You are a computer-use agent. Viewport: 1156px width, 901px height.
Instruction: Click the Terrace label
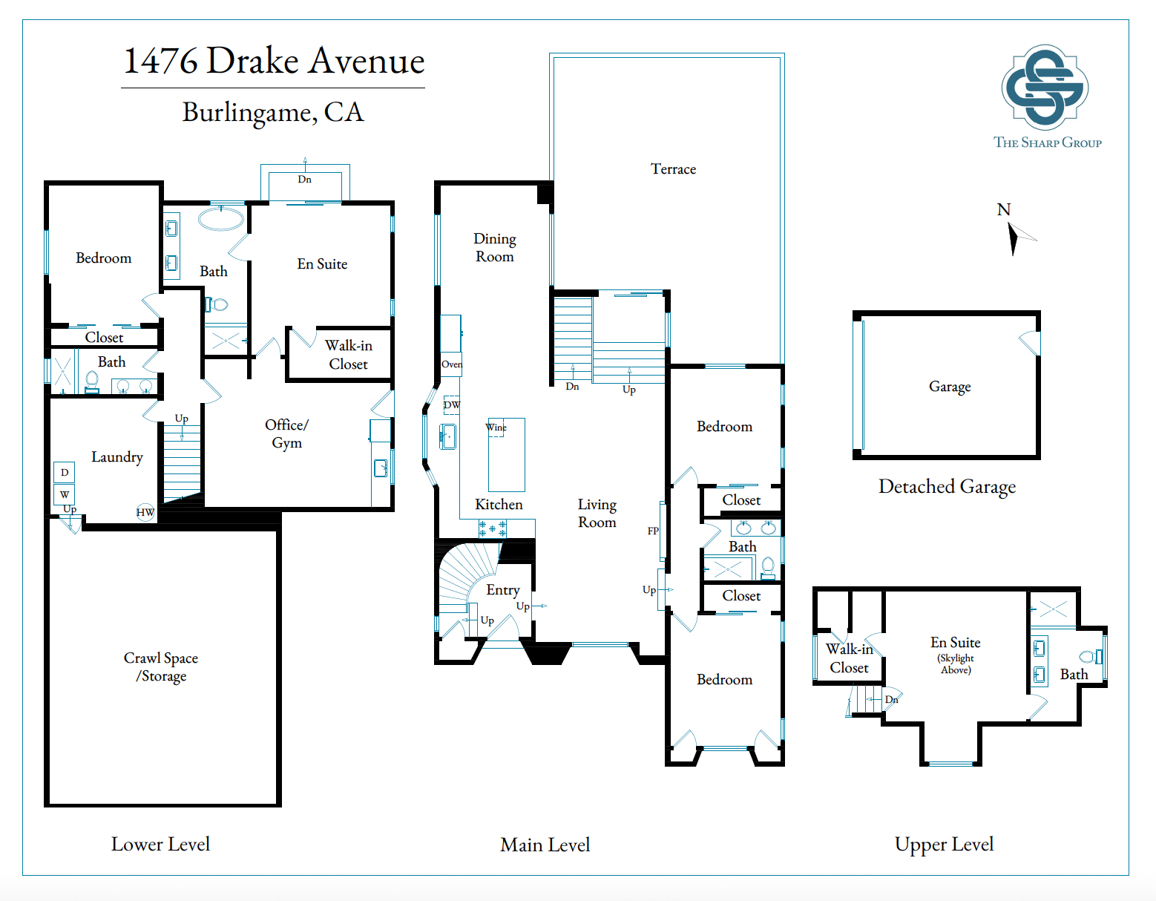coord(673,169)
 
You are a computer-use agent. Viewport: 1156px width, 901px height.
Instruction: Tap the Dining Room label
coord(495,247)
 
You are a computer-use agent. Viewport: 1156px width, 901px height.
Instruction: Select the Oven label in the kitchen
coord(452,364)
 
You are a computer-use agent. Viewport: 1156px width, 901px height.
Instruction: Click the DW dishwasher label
coord(452,404)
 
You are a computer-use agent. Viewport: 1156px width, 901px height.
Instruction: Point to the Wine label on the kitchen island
coord(496,427)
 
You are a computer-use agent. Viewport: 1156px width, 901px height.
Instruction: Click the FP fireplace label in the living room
coord(653,531)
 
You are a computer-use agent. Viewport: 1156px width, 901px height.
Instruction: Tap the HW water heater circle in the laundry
coord(145,512)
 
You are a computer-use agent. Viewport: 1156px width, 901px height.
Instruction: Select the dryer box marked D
coord(65,472)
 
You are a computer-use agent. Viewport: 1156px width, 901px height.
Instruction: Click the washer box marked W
coord(65,494)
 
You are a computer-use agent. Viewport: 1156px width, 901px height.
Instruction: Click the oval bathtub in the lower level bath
coord(221,219)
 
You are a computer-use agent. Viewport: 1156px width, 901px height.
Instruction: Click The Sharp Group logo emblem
coord(1045,88)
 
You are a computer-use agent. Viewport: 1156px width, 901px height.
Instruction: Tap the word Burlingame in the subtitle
coord(249,113)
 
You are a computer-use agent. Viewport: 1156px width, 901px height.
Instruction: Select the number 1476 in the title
coord(160,61)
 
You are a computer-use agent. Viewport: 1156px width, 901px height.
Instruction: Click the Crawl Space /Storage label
coord(161,667)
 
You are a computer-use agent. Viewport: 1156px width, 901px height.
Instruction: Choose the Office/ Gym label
coord(286,433)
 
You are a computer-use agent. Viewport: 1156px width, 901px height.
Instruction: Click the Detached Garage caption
coord(947,487)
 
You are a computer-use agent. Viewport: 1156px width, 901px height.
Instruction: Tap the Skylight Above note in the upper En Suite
coord(956,664)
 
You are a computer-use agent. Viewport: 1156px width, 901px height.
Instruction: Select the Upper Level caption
coord(944,844)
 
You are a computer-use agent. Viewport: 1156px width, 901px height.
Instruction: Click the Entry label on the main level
coord(503,590)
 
